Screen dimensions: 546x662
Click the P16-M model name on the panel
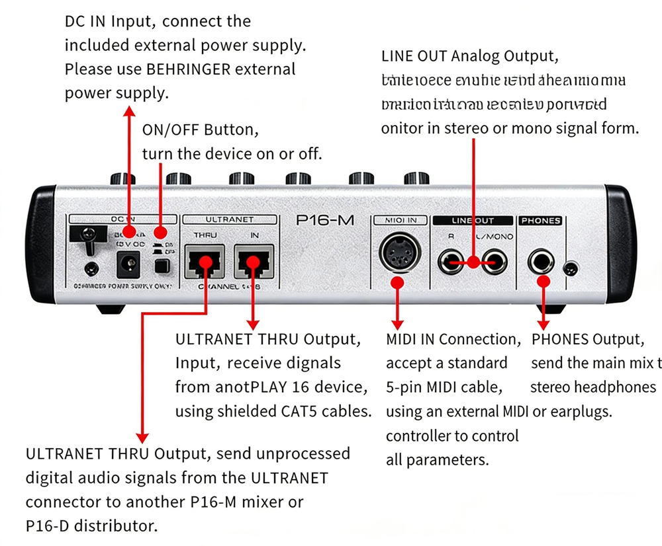tap(324, 221)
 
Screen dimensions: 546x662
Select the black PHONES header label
tap(540, 220)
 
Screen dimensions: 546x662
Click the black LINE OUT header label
tap(472, 220)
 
